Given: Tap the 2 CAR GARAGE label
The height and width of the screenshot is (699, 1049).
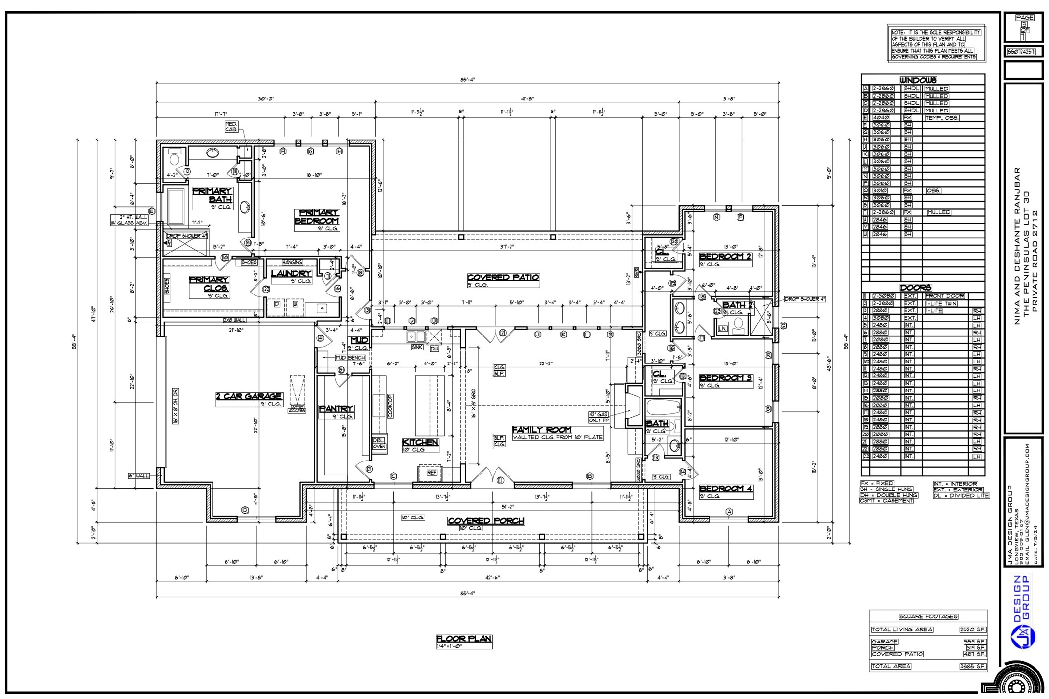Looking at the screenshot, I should (248, 396).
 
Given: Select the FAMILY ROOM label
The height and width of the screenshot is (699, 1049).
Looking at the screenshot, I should (541, 429).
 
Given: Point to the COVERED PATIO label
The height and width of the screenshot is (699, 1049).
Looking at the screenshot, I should (503, 277).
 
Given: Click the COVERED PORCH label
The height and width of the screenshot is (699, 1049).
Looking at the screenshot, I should (486, 521).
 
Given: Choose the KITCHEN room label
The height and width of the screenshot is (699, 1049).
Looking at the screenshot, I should (420, 442).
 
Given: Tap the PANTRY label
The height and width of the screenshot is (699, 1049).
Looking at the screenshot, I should (336, 409).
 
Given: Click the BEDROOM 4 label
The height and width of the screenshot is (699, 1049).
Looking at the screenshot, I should (725, 489).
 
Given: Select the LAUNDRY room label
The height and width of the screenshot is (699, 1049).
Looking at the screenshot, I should (291, 273).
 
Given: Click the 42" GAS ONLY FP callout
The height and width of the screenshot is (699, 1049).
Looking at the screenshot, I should (599, 417).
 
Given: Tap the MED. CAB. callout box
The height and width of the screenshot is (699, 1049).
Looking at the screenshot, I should (231, 127).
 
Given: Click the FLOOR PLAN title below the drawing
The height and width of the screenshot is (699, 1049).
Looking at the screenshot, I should (464, 639).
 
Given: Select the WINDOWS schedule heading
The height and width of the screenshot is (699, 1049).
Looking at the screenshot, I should (918, 80).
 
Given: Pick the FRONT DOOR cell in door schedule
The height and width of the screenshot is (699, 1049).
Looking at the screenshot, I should (945, 296).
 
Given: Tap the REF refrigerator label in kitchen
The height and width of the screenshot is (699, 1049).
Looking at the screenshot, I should (432, 473).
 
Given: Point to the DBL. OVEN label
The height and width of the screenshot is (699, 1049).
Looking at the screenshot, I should (379, 443).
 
